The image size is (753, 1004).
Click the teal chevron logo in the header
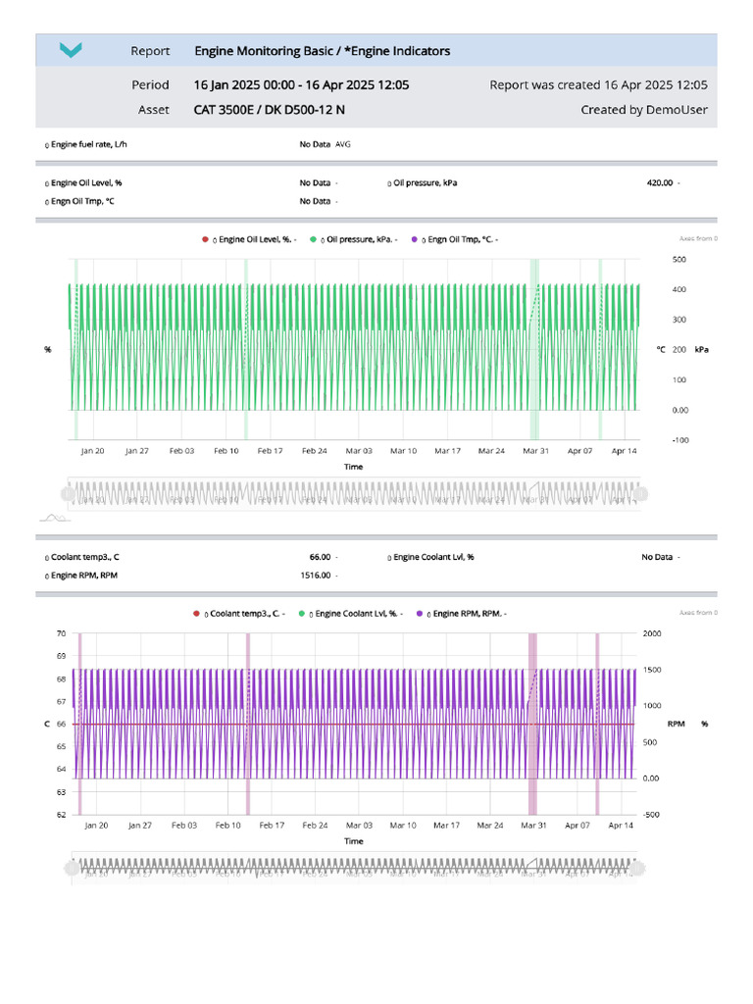[x=71, y=50]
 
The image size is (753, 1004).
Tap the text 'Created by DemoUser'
[x=643, y=110]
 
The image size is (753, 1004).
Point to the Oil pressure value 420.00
[x=659, y=182]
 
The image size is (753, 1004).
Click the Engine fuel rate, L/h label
[x=87, y=144]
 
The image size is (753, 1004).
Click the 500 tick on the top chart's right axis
[x=678, y=260]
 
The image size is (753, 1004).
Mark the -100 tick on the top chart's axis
[x=679, y=440]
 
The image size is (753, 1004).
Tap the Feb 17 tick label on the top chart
[x=270, y=451]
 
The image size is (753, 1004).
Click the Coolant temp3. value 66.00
[x=320, y=557]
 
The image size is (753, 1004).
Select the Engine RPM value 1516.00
[x=314, y=576]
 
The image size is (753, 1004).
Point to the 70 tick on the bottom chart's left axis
[x=61, y=633]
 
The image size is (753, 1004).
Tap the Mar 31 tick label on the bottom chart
[x=534, y=826]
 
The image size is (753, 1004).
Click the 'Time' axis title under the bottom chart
[x=354, y=841]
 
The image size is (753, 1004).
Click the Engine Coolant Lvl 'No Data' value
[x=657, y=557]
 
